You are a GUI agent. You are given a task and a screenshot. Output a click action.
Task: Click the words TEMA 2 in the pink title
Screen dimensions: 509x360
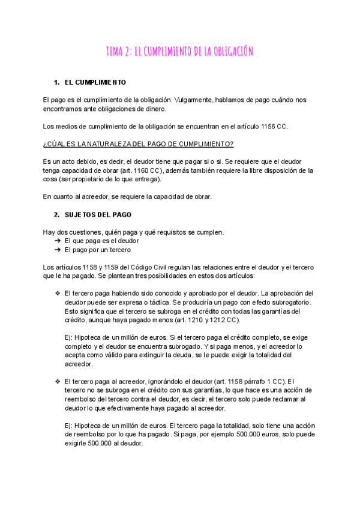pyautogui.click(x=119, y=52)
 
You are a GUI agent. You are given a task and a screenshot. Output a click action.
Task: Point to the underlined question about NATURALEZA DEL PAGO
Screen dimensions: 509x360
pyautogui.click(x=139, y=144)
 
